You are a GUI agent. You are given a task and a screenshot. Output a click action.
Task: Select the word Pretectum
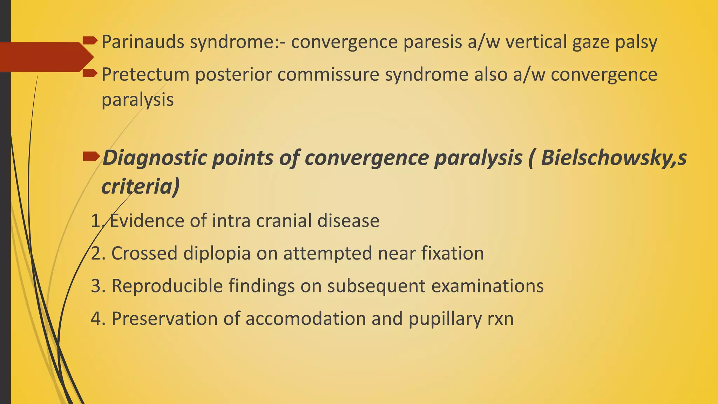[x=145, y=75]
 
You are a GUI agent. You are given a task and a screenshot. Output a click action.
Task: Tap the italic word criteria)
[x=140, y=186]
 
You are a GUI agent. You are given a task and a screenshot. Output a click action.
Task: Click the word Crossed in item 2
[x=144, y=253]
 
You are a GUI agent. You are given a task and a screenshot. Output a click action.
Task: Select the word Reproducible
[x=167, y=286]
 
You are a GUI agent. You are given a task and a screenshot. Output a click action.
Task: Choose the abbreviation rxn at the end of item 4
[x=500, y=319]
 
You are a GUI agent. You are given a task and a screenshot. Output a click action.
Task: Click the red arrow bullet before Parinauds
[x=90, y=41]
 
